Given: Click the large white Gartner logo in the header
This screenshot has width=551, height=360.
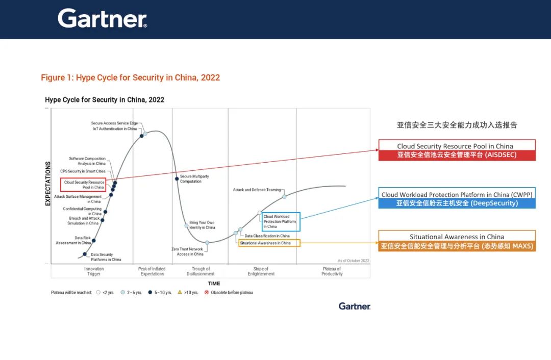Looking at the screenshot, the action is coord(102,19).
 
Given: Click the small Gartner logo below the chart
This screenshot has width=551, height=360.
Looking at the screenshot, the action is coord(354,306).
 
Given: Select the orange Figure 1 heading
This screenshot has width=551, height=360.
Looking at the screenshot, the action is coord(131,78).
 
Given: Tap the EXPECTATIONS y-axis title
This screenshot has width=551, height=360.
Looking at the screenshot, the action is coord(48,184).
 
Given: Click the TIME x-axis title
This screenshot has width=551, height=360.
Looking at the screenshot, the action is coord(214,284).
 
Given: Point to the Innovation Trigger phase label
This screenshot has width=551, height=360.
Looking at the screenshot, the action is coord(94,271).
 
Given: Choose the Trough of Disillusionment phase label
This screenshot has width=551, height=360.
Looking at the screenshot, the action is coord(201,271).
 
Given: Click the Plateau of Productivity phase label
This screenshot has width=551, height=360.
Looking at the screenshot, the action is coord(332,271).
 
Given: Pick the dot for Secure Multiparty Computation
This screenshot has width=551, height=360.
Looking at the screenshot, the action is coord(177,179).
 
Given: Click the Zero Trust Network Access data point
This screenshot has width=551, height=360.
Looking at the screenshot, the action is coord(207,243).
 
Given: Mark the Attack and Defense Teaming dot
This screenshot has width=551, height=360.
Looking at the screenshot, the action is coord(284,197).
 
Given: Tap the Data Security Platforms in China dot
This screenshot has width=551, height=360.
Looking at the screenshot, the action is coord(85,254).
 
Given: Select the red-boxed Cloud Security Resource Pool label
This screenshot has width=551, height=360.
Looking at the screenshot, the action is coord(83,185).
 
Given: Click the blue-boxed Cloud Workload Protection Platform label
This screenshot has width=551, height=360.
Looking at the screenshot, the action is coord(281,222).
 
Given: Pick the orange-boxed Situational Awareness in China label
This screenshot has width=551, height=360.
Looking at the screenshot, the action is coord(269,243).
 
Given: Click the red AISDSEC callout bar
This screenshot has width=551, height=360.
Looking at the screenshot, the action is coord(457,155).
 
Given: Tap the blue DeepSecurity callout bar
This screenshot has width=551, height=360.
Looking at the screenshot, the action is coord(457,203).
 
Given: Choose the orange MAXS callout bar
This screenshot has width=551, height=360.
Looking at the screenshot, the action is coord(457,246).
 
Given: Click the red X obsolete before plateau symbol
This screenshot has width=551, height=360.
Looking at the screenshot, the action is coord(207,292).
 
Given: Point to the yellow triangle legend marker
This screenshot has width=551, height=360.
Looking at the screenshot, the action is coord(180,292).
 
